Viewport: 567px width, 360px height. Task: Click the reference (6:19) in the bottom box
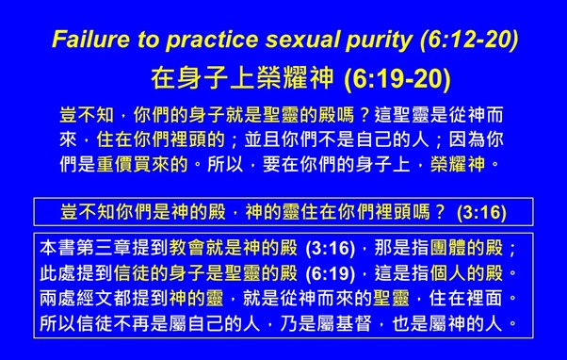pos(331,274)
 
